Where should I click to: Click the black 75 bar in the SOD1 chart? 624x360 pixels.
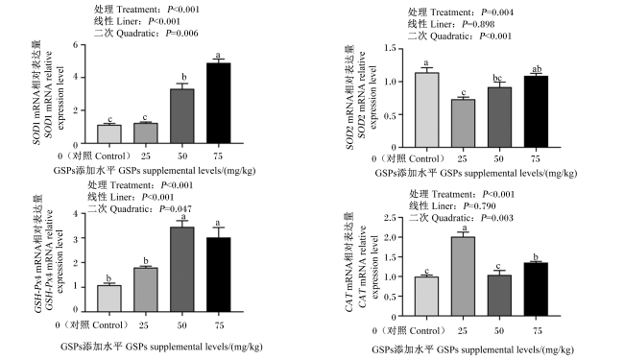point(219,103)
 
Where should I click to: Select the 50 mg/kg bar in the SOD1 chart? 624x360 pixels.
point(182,116)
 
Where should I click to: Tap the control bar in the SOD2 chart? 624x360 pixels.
point(426,109)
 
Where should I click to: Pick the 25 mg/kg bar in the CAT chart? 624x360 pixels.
point(463,276)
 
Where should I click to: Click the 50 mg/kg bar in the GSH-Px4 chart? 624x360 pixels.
point(182,269)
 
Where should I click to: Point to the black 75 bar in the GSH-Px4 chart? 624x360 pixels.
point(219,275)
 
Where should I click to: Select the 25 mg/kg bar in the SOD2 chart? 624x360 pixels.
point(463,123)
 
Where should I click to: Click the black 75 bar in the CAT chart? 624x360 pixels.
point(536,289)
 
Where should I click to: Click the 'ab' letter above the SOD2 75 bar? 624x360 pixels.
point(537,69)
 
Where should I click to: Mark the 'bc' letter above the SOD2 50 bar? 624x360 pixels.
point(497,78)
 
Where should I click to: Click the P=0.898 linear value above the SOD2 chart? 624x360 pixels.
point(478,24)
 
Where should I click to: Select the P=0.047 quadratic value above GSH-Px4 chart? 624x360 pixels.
point(176,209)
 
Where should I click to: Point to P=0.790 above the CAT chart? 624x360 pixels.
point(480,206)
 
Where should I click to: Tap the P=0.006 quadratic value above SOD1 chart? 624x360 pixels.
point(181,33)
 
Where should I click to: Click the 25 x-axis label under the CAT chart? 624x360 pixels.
point(463,331)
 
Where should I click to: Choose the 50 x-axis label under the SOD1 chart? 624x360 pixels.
point(182,156)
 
